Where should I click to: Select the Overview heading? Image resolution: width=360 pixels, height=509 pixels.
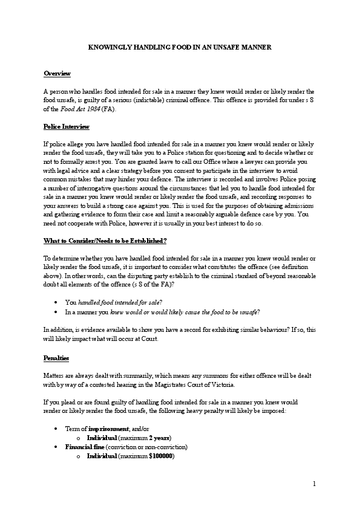[x=57, y=73]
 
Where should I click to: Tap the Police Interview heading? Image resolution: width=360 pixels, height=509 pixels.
[x=67, y=126]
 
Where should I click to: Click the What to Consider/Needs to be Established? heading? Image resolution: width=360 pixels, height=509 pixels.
[x=105, y=241]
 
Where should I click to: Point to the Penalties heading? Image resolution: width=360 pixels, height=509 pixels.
[x=56, y=358]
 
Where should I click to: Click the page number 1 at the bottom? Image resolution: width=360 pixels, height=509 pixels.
[x=315, y=484]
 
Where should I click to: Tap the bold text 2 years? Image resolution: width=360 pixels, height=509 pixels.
[x=160, y=438]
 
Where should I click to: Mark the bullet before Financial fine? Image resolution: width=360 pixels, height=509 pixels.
[x=56, y=447]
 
